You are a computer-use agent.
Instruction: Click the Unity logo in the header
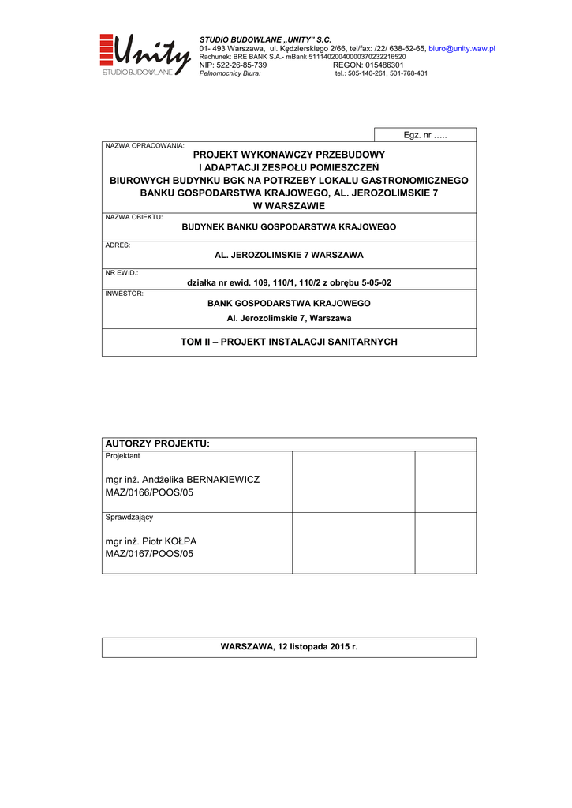[x=145, y=54]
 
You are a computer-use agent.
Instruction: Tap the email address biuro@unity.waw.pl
[x=462, y=48]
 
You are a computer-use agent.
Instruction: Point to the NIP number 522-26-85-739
[x=241, y=65]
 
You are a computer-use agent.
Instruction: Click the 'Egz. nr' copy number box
[x=424, y=135]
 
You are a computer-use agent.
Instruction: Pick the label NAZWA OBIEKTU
[x=134, y=216]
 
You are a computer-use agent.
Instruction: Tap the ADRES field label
[x=118, y=245]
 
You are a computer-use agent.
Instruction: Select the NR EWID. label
[x=122, y=272]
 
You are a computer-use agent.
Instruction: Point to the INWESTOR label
[x=124, y=294]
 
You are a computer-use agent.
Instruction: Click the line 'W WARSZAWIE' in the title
[x=289, y=205]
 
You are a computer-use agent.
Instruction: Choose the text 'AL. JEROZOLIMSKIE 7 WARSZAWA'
[x=289, y=256]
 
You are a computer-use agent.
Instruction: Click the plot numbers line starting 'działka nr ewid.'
[x=289, y=282]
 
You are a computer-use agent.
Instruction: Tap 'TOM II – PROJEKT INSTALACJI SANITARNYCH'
[x=289, y=342]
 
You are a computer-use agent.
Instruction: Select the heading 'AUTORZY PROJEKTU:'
[x=158, y=444]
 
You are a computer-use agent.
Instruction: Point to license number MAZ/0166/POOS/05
[x=149, y=492]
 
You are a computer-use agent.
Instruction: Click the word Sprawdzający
[x=129, y=518]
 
